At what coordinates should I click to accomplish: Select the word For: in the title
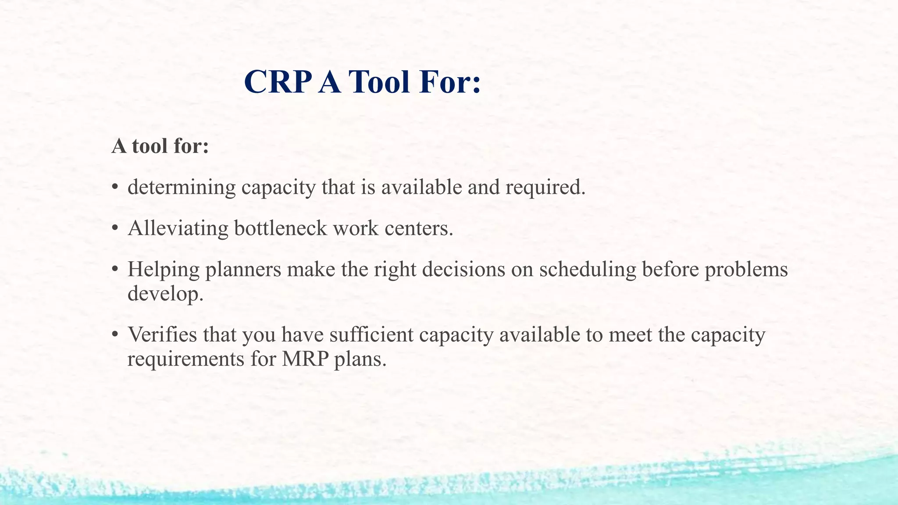(450, 82)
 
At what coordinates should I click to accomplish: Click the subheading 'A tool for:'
(160, 146)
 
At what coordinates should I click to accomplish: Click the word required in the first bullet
(545, 188)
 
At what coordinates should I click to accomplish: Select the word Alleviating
(178, 228)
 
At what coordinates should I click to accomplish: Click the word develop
(165, 294)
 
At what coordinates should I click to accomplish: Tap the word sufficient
(371, 334)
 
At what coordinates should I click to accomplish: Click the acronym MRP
(305, 359)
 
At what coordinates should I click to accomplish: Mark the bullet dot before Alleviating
(115, 228)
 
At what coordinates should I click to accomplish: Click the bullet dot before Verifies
(115, 334)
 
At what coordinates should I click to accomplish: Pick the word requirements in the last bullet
(186, 359)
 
